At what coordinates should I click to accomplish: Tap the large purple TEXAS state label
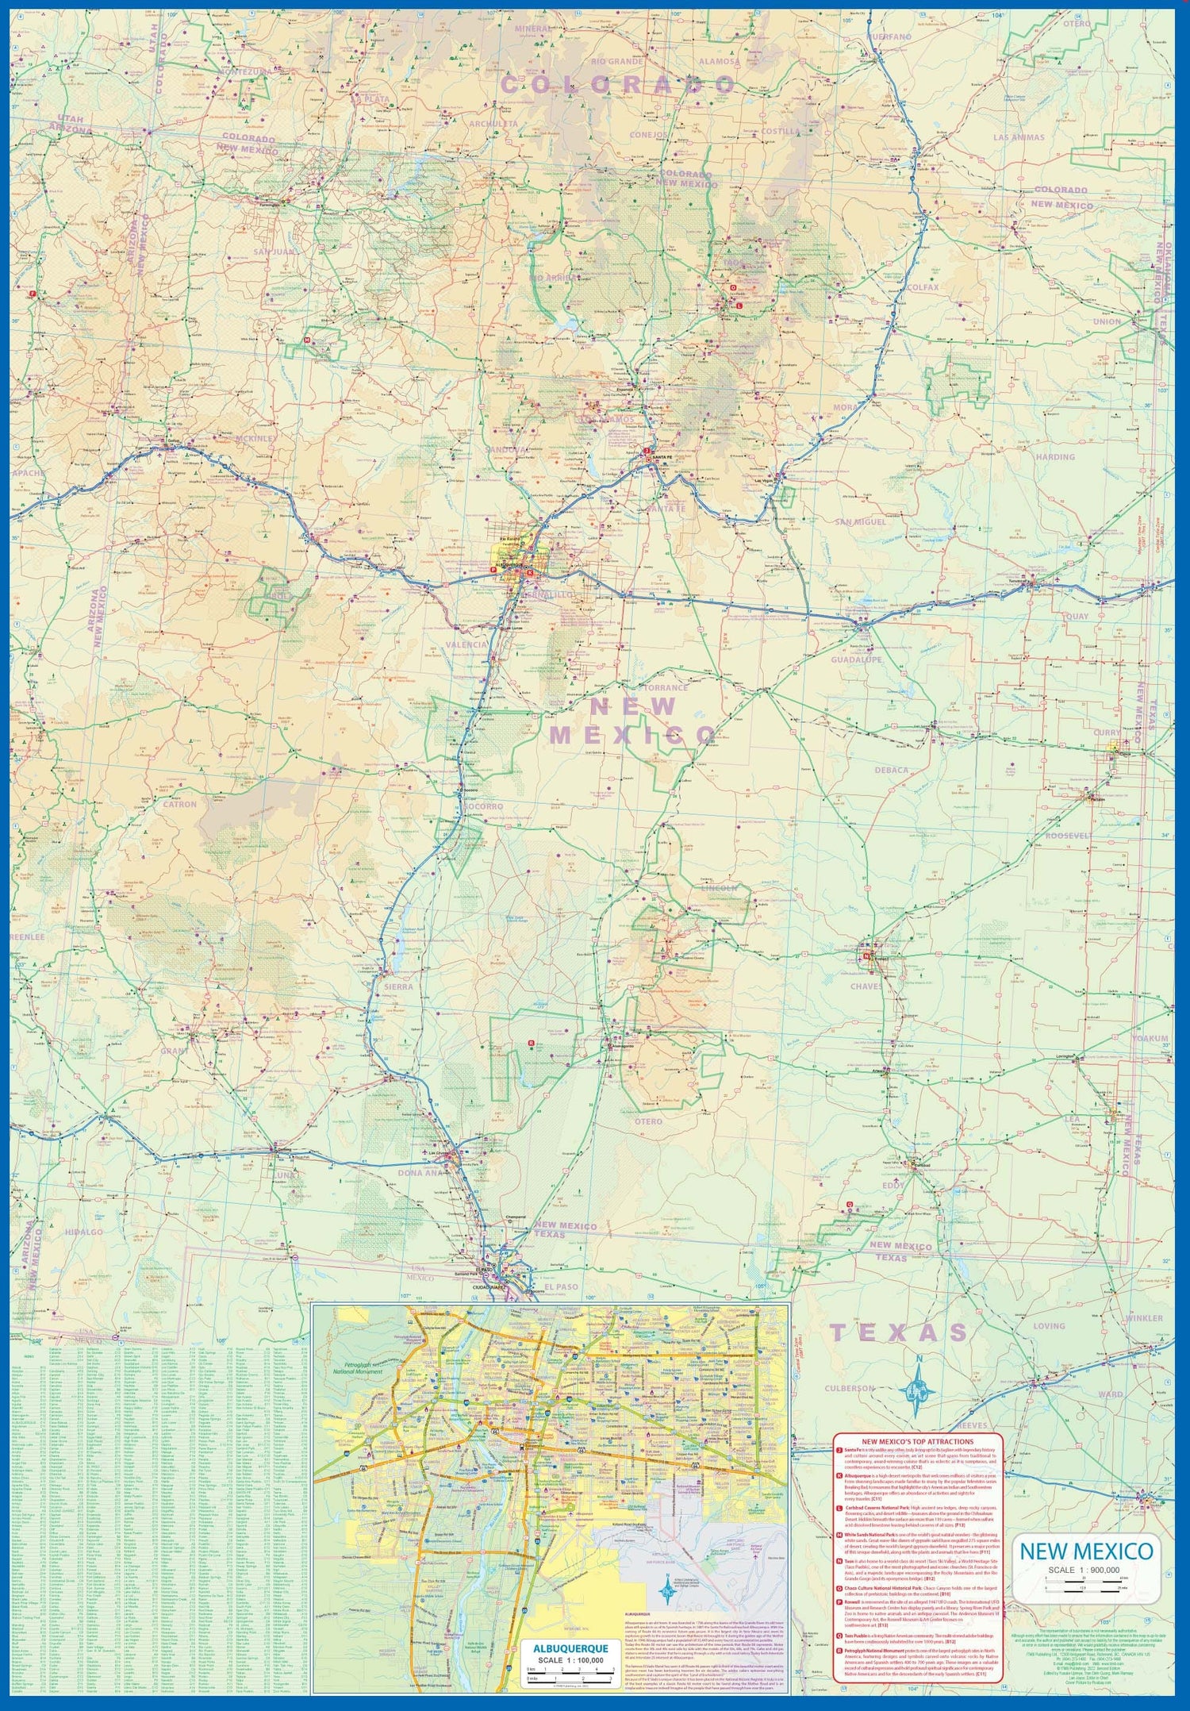click(899, 1332)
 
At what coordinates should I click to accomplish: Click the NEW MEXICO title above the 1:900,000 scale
click(1086, 1551)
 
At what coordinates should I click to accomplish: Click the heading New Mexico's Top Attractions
click(918, 1441)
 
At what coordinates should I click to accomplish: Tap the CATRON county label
click(179, 804)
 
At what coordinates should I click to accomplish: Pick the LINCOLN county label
click(720, 888)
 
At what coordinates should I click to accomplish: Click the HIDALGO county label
click(84, 1232)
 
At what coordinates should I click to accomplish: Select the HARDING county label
click(1054, 457)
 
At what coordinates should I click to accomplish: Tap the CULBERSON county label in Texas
click(850, 1389)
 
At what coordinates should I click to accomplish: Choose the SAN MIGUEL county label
click(861, 522)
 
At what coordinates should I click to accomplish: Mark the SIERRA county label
click(399, 986)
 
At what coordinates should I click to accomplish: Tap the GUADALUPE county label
click(857, 659)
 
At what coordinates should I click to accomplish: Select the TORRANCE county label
click(665, 687)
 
